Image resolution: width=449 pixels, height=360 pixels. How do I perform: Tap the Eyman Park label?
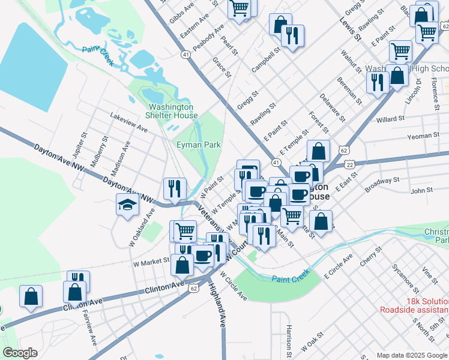point(199,145)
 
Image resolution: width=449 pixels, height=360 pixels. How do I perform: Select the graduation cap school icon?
point(128,206)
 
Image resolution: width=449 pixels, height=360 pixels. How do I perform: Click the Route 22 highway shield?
point(350,164)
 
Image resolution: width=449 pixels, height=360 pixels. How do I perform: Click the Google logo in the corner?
point(20,352)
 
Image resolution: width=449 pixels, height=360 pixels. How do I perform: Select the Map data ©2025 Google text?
point(411,355)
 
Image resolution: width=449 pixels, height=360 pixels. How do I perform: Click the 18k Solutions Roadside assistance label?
point(414,305)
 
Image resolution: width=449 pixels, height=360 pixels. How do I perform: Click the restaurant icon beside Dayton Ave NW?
point(175,188)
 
